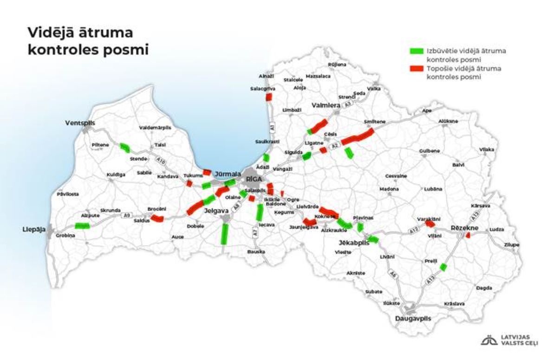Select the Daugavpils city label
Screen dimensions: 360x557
413,319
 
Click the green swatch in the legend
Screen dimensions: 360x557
416,50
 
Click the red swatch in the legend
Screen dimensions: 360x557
416,68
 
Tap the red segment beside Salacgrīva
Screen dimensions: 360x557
268,97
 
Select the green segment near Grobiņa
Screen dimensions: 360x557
82,226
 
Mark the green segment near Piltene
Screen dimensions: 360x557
125,148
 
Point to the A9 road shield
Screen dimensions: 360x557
126,216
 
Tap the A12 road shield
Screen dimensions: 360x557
414,230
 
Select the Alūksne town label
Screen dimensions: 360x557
448,121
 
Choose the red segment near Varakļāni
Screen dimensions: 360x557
430,224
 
